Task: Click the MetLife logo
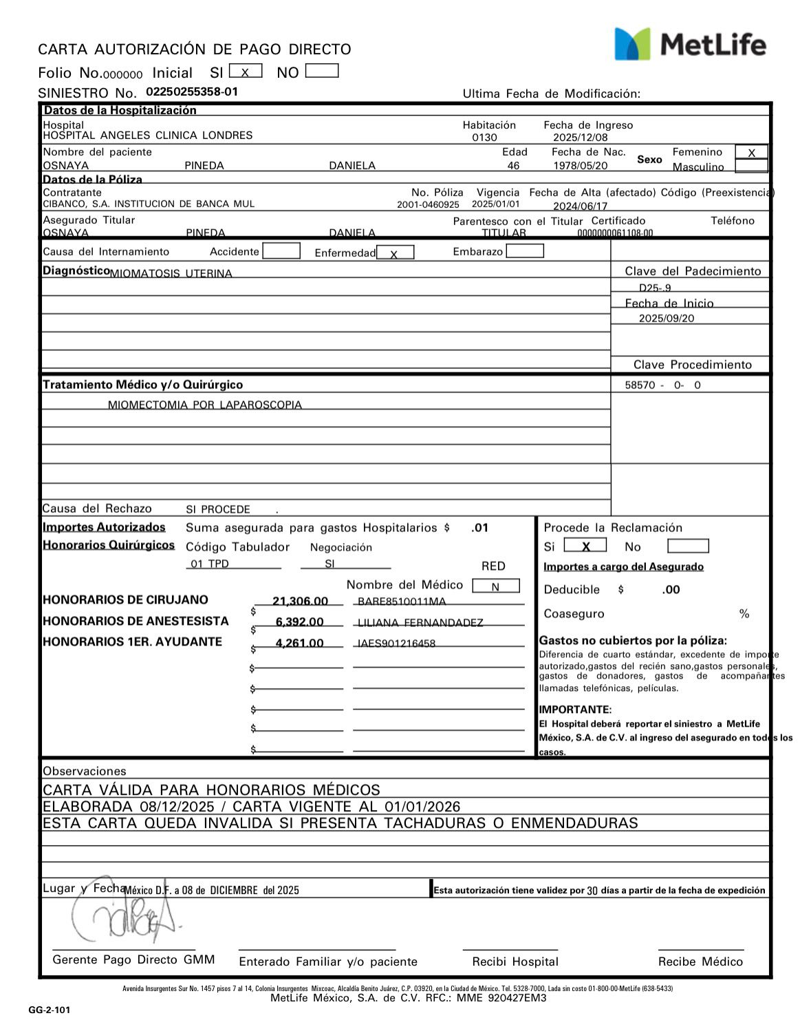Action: (690, 44)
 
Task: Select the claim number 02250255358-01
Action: (192, 92)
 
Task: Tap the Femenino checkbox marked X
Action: (751, 153)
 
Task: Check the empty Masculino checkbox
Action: (751, 166)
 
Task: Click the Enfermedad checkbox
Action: (395, 253)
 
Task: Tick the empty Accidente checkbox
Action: (281, 251)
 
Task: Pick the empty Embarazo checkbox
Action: (524, 251)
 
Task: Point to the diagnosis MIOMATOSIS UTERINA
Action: (171, 273)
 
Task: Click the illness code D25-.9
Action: (655, 288)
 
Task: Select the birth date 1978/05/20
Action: (581, 166)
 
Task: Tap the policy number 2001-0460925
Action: (428, 205)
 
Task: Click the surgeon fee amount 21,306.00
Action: (300, 602)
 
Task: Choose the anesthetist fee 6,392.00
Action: (299, 622)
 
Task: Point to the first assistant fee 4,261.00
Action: (299, 644)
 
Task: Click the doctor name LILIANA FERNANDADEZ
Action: (420, 623)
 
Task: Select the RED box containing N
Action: (495, 586)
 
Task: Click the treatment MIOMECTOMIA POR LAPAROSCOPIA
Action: (204, 405)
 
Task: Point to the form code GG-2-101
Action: (49, 1010)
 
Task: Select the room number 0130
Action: (484, 138)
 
